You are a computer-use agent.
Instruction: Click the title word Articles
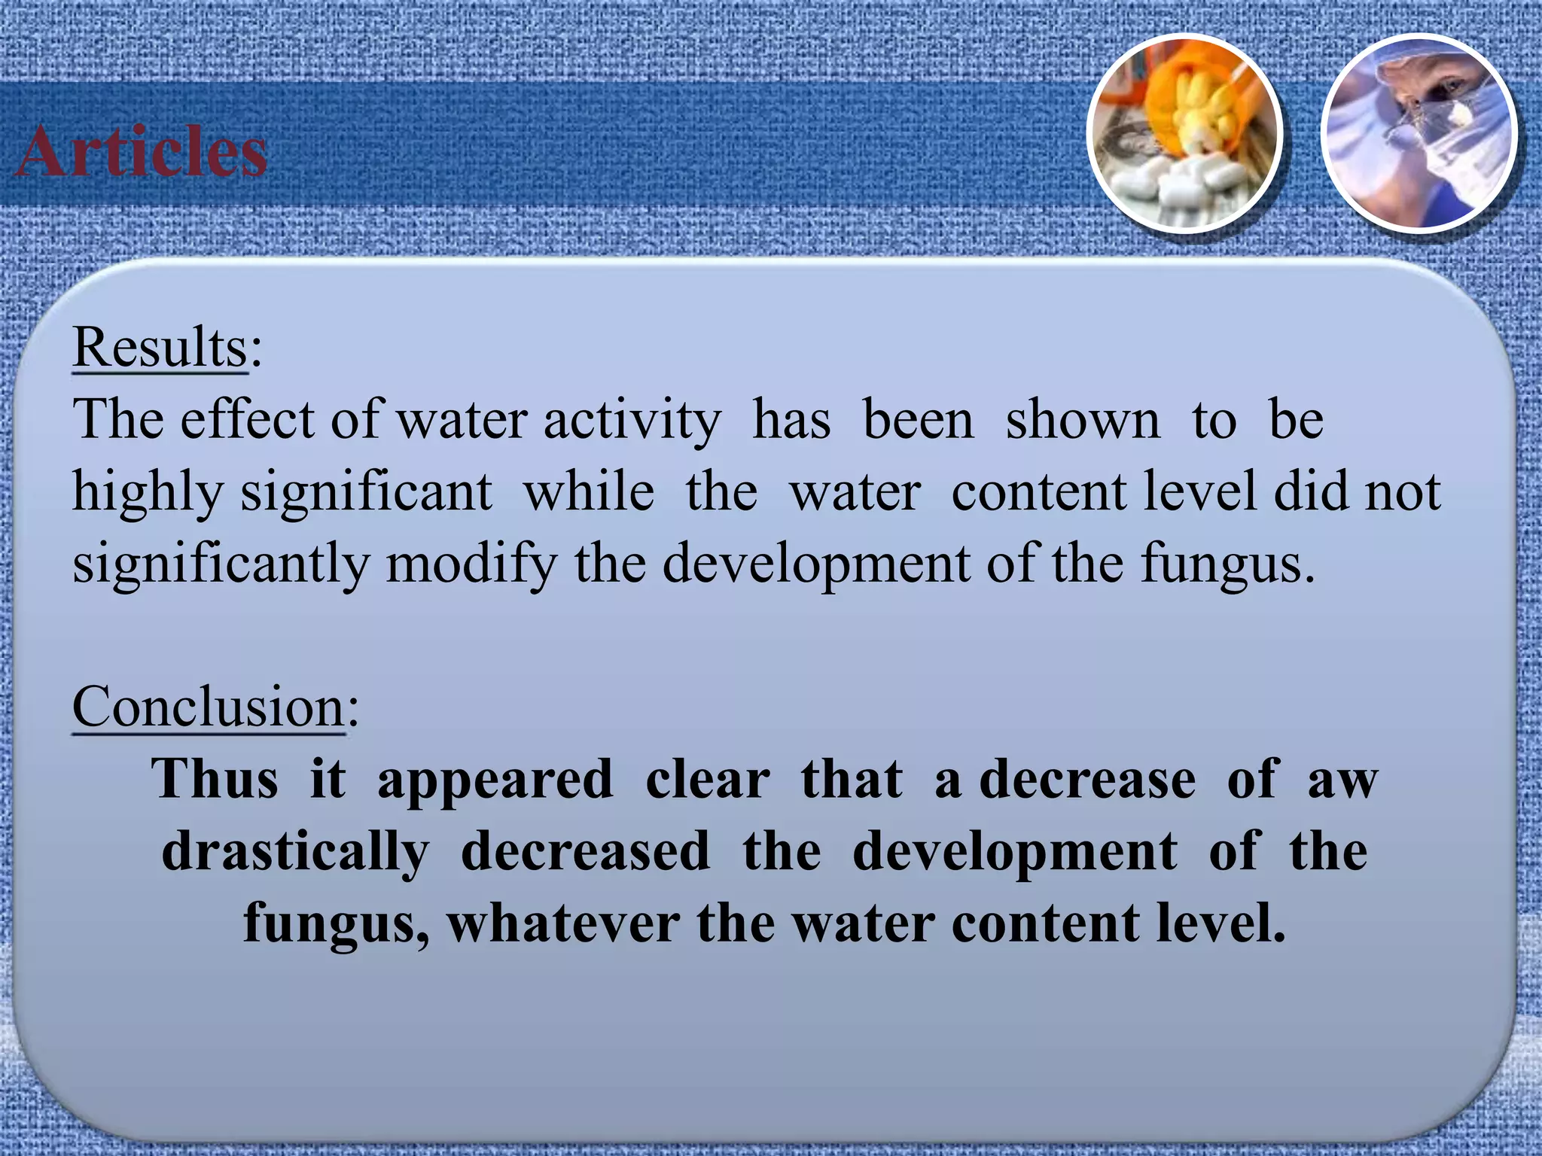click(142, 152)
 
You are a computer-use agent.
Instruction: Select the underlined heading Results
click(160, 348)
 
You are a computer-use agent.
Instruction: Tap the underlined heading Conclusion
click(209, 707)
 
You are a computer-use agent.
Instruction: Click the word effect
click(247, 419)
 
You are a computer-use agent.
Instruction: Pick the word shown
click(1083, 419)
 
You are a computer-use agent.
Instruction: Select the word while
click(589, 492)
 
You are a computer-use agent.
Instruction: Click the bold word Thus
click(215, 779)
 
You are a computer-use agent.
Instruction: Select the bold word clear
click(708, 779)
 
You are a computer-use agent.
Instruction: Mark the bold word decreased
click(585, 851)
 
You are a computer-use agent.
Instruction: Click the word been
click(918, 419)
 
